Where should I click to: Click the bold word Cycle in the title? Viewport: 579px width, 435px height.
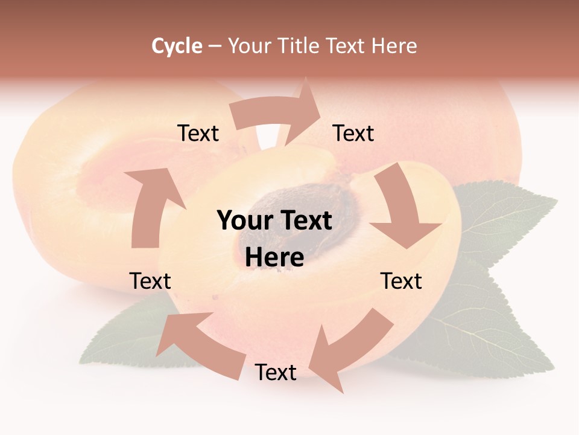click(x=177, y=46)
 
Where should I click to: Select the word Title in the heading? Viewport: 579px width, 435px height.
click(x=299, y=46)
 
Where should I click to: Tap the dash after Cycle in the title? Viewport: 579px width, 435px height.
click(x=215, y=46)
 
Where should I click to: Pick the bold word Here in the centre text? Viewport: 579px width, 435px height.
click(x=274, y=257)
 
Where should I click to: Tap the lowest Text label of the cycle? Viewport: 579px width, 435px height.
click(x=276, y=372)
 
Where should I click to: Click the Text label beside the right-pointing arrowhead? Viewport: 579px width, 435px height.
click(x=353, y=133)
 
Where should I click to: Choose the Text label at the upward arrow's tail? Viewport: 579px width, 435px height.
click(x=150, y=281)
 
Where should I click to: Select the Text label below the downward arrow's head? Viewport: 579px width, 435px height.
click(x=401, y=281)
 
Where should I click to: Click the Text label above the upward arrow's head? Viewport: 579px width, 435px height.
click(x=198, y=133)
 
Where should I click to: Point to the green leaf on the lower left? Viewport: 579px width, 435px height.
click(x=121, y=338)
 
